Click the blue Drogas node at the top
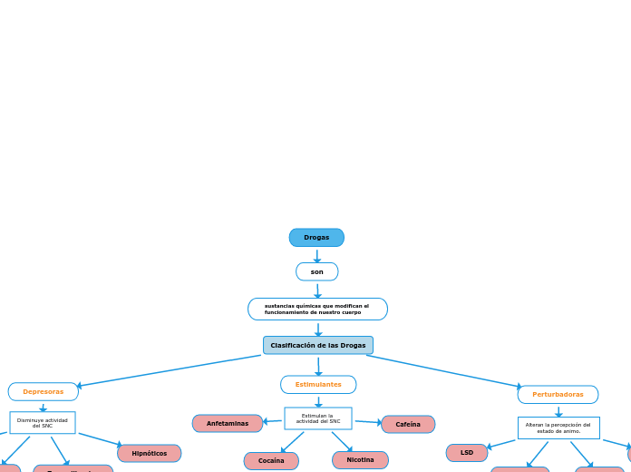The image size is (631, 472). point(316,238)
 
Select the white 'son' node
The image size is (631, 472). point(316,271)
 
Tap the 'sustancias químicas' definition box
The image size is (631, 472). point(317,310)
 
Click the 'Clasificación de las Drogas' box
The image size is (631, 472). point(318,345)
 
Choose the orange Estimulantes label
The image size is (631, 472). point(318,385)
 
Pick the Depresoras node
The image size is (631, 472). point(44,392)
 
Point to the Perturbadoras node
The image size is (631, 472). point(558,395)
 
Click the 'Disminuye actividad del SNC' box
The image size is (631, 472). point(43,423)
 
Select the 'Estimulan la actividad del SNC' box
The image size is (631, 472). point(318,418)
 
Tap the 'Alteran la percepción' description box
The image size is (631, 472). point(558,428)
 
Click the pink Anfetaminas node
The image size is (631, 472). point(228,424)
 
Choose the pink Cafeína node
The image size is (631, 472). point(408,424)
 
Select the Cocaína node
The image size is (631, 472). point(271,461)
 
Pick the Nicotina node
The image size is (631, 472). point(360,460)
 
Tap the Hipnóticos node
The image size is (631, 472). point(150,453)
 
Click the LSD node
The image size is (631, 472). point(467,452)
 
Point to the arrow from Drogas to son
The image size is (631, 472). point(317,257)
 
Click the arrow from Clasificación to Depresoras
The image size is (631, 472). point(168,371)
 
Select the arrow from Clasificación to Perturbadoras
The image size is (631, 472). point(444,371)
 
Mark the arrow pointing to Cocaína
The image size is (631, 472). point(292,443)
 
